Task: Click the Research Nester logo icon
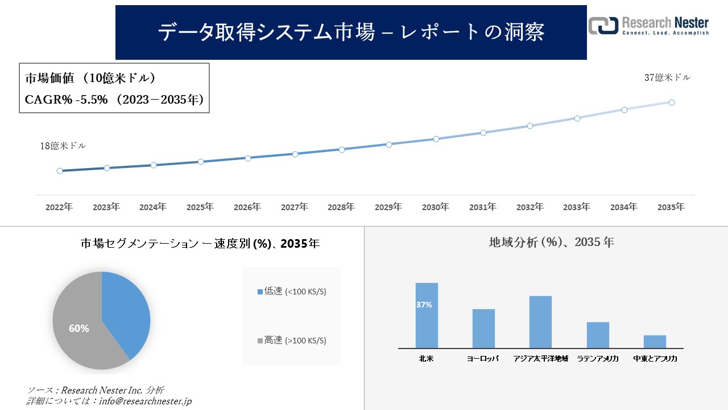tap(603, 26)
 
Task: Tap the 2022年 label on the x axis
tap(59, 207)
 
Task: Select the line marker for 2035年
tap(672, 102)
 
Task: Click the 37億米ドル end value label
tap(667, 77)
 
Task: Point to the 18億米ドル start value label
tap(63, 146)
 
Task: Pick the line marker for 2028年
tap(342, 150)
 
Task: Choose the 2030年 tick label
tap(436, 207)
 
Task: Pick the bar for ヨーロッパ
tap(483, 329)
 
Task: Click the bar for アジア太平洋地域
tap(540, 322)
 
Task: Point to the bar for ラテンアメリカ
tap(598, 335)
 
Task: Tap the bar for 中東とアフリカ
tap(655, 342)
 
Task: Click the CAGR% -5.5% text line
tap(114, 100)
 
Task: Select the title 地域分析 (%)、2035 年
tap(551, 242)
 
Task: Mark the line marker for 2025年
tap(201, 162)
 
